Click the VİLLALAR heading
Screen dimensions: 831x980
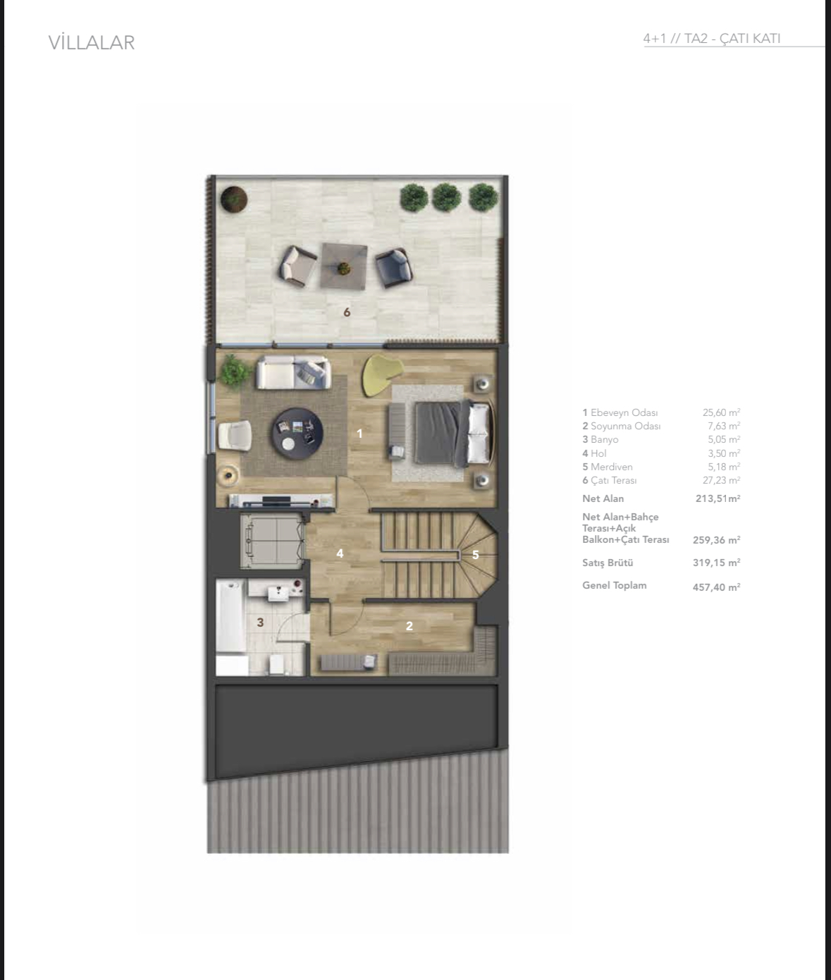tap(92, 43)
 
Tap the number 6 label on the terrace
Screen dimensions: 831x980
tap(347, 312)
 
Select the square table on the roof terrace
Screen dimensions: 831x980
tap(344, 266)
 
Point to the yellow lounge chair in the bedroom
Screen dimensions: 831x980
tap(381, 374)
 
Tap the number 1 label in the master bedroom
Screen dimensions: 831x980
tap(359, 434)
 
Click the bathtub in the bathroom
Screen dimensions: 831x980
tap(230, 616)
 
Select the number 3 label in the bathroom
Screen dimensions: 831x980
tap(260, 623)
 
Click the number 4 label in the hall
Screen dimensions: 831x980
tap(340, 553)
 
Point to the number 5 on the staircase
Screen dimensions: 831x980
tap(476, 555)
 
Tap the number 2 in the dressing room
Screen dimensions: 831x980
tap(410, 626)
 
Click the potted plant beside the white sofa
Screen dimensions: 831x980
tap(234, 371)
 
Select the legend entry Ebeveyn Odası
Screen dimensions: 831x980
tap(620, 412)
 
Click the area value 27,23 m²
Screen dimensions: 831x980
tap(721, 480)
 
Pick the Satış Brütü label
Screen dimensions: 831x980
tap(608, 563)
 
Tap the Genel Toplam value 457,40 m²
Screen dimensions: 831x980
tap(716, 587)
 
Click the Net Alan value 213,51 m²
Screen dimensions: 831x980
tap(718, 498)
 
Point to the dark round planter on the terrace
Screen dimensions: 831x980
tap(234, 199)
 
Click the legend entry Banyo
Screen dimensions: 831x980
tap(600, 439)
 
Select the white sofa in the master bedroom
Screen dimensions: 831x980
tap(293, 373)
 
